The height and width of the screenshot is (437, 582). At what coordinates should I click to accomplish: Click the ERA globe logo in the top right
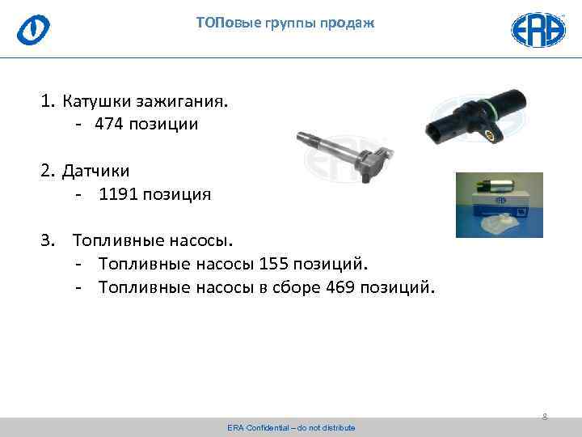(538, 29)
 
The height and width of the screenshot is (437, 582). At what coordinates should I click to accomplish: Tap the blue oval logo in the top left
(34, 29)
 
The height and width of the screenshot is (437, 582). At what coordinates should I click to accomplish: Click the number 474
(108, 125)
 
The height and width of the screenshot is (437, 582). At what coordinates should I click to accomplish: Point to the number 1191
(117, 194)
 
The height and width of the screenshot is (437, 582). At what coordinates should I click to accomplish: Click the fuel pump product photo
(499, 205)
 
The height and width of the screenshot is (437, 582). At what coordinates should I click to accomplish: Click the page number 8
(544, 417)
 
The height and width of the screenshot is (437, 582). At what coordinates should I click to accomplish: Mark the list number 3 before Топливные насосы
(46, 240)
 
